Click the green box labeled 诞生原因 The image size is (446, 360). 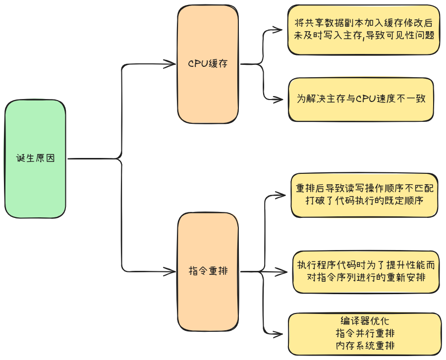point(35,159)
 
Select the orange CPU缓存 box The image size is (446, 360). point(208,64)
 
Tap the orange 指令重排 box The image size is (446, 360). point(208,271)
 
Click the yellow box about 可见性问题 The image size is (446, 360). point(363,30)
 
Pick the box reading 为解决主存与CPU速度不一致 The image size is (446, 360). point(361,99)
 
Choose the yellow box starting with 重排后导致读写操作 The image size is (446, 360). point(364,195)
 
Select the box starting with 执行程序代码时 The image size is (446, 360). point(366,271)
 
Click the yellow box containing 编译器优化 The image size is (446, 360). point(365,333)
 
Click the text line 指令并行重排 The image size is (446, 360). point(365,333)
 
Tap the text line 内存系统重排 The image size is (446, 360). point(365,345)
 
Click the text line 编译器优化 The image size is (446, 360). point(365,321)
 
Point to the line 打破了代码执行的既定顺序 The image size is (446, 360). point(364,201)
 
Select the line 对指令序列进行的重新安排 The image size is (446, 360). point(366,277)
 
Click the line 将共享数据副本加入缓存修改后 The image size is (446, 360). point(363,23)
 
